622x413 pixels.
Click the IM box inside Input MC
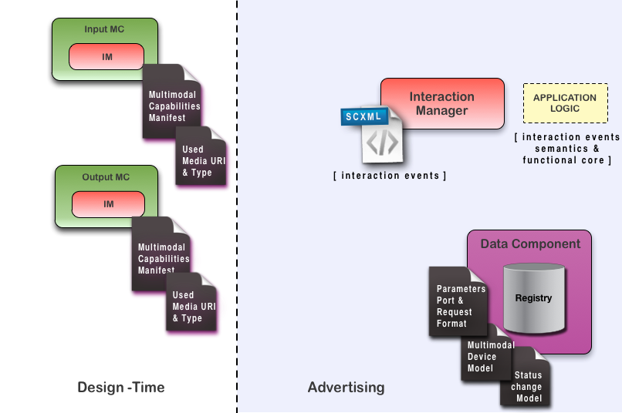(106, 56)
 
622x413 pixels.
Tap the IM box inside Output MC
(108, 204)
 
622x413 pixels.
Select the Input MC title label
(104, 29)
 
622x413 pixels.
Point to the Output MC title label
(106, 177)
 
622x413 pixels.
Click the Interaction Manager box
(442, 103)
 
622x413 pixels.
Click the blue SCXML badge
(365, 117)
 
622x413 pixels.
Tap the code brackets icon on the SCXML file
(382, 143)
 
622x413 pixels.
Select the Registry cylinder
(533, 298)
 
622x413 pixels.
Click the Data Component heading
(530, 244)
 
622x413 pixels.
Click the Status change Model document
(527, 386)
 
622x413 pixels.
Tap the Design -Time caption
(121, 387)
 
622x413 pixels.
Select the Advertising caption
(346, 387)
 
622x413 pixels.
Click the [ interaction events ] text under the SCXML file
(390, 176)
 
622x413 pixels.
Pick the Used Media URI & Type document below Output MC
(191, 305)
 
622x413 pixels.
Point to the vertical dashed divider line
(237, 231)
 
